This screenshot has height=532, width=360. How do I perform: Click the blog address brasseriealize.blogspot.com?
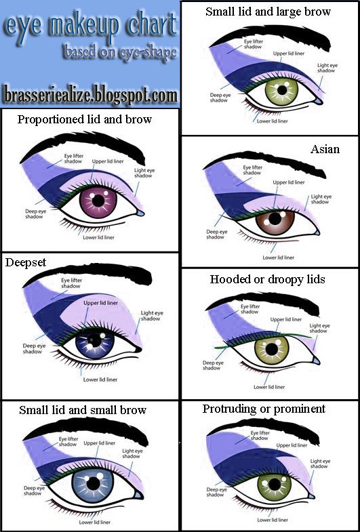[x=89, y=95]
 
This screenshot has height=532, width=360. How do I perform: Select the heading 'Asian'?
[x=325, y=149]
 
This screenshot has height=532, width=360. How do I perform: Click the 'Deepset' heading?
[x=26, y=262]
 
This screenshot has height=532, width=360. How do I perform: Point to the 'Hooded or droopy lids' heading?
[x=267, y=279]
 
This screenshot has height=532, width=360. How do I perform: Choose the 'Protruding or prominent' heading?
[x=264, y=409]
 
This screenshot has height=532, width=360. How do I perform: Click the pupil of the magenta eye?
[x=98, y=201]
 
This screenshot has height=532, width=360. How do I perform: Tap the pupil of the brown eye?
[x=275, y=218]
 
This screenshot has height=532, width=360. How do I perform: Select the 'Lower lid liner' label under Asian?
[x=278, y=258]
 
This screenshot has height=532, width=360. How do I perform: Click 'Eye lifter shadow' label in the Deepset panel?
[x=71, y=283]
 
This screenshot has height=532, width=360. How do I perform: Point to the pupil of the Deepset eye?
[x=95, y=341]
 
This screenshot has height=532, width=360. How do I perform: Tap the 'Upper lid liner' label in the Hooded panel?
[x=285, y=319]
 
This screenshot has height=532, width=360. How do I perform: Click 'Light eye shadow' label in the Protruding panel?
[x=320, y=464]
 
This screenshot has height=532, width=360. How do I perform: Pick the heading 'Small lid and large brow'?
[x=268, y=12]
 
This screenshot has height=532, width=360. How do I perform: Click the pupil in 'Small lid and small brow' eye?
[x=93, y=483]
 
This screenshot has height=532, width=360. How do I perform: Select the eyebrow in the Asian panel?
[x=264, y=163]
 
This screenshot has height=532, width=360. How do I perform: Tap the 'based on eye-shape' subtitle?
[x=120, y=53]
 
